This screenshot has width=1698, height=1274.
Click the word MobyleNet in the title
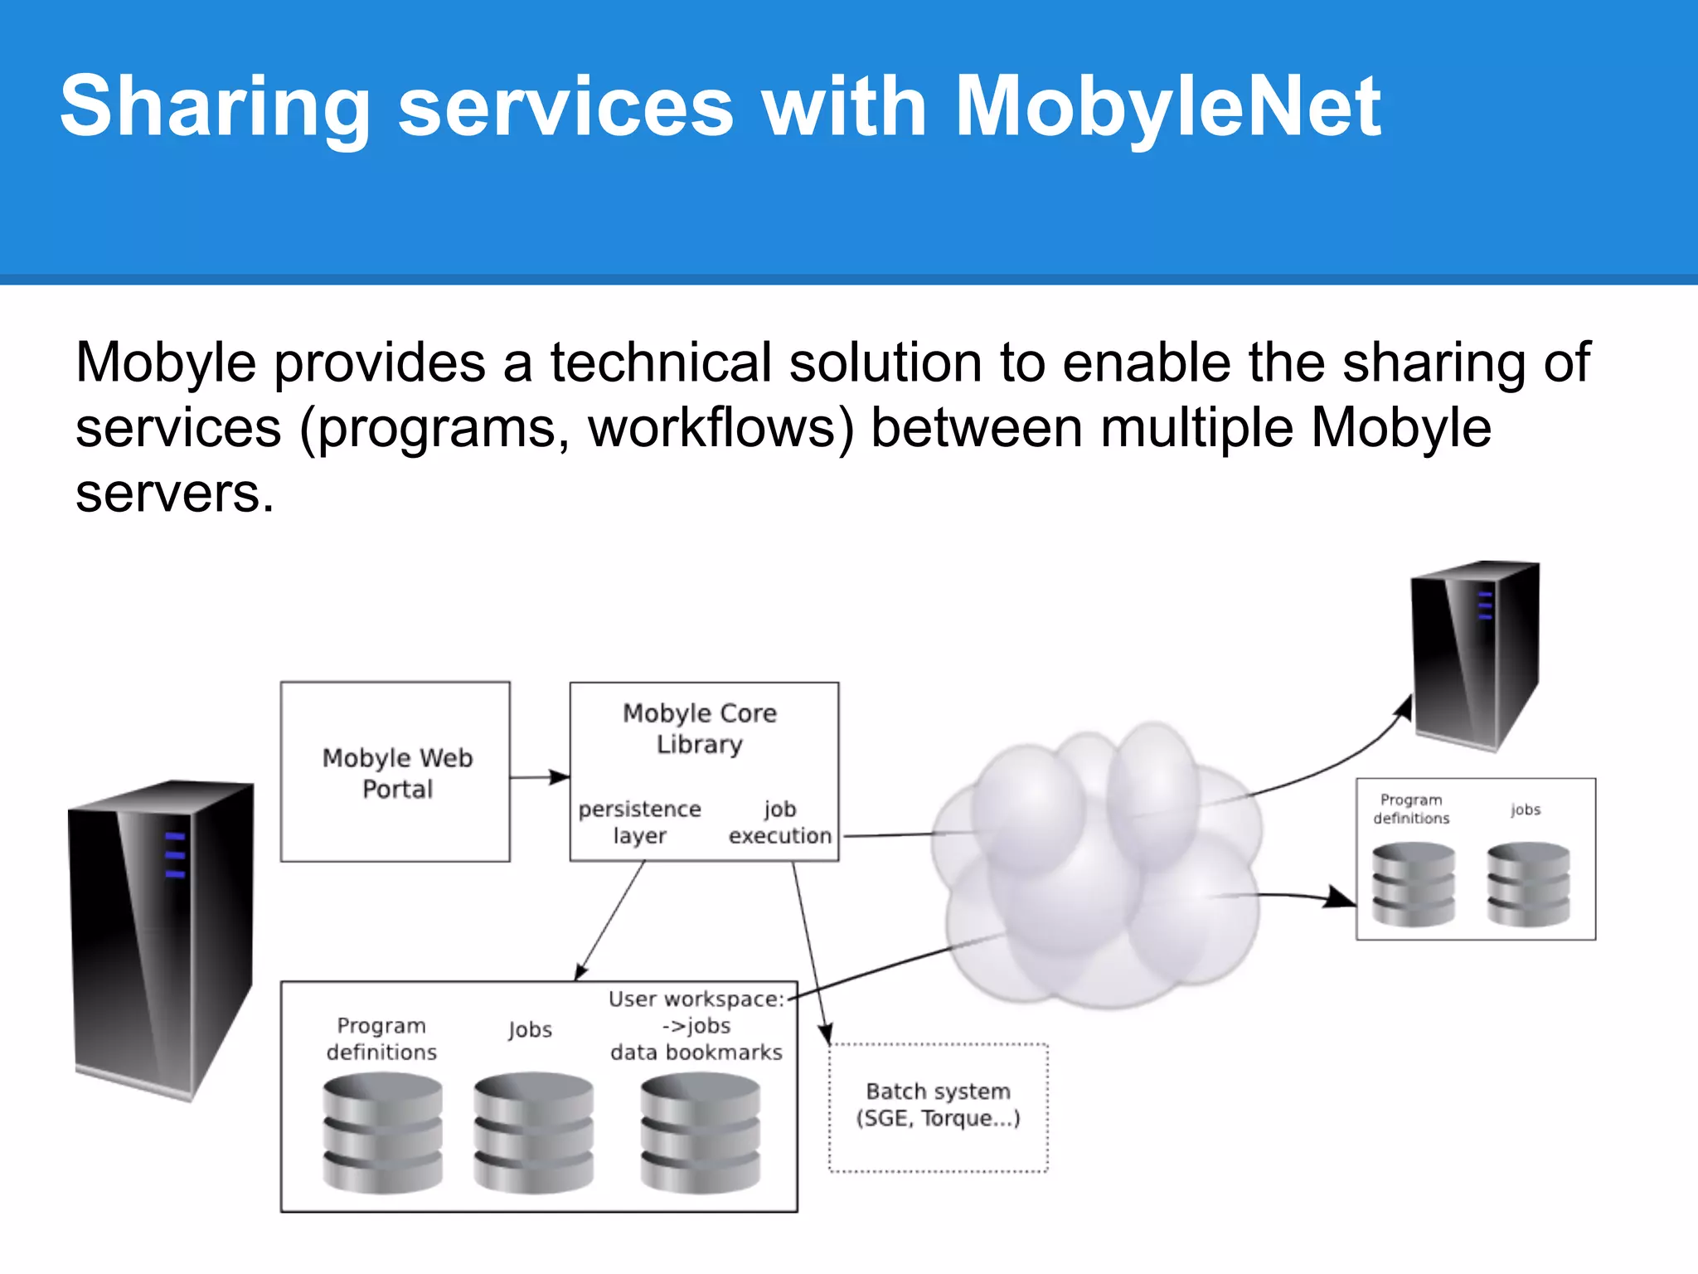pyautogui.click(x=1167, y=108)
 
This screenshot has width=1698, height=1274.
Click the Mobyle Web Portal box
pyautogui.click(x=395, y=772)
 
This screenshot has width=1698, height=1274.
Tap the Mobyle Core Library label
pyautogui.click(x=700, y=728)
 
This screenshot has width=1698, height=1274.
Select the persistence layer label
pyautogui.click(x=639, y=822)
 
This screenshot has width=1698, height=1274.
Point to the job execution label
pyautogui.click(x=779, y=822)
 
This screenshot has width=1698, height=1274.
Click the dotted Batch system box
pyautogui.click(x=939, y=1107)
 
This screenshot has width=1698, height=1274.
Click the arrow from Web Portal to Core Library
pyautogui.click(x=540, y=777)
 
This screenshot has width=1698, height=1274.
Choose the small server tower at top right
pyautogui.click(x=1476, y=655)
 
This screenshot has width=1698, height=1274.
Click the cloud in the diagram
pyautogui.click(x=1094, y=863)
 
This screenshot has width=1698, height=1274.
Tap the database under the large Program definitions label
pyautogui.click(x=382, y=1132)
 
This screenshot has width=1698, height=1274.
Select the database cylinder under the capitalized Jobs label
pyautogui.click(x=533, y=1132)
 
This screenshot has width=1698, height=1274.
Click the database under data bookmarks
pyautogui.click(x=700, y=1132)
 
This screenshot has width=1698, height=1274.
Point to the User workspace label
pyautogui.click(x=696, y=999)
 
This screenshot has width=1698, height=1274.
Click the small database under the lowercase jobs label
pyautogui.click(x=1528, y=883)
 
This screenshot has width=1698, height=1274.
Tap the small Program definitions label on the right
pyautogui.click(x=1411, y=809)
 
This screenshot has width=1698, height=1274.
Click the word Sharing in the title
pyautogui.click(x=215, y=108)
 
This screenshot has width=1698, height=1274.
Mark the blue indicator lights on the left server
pyautogui.click(x=175, y=854)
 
